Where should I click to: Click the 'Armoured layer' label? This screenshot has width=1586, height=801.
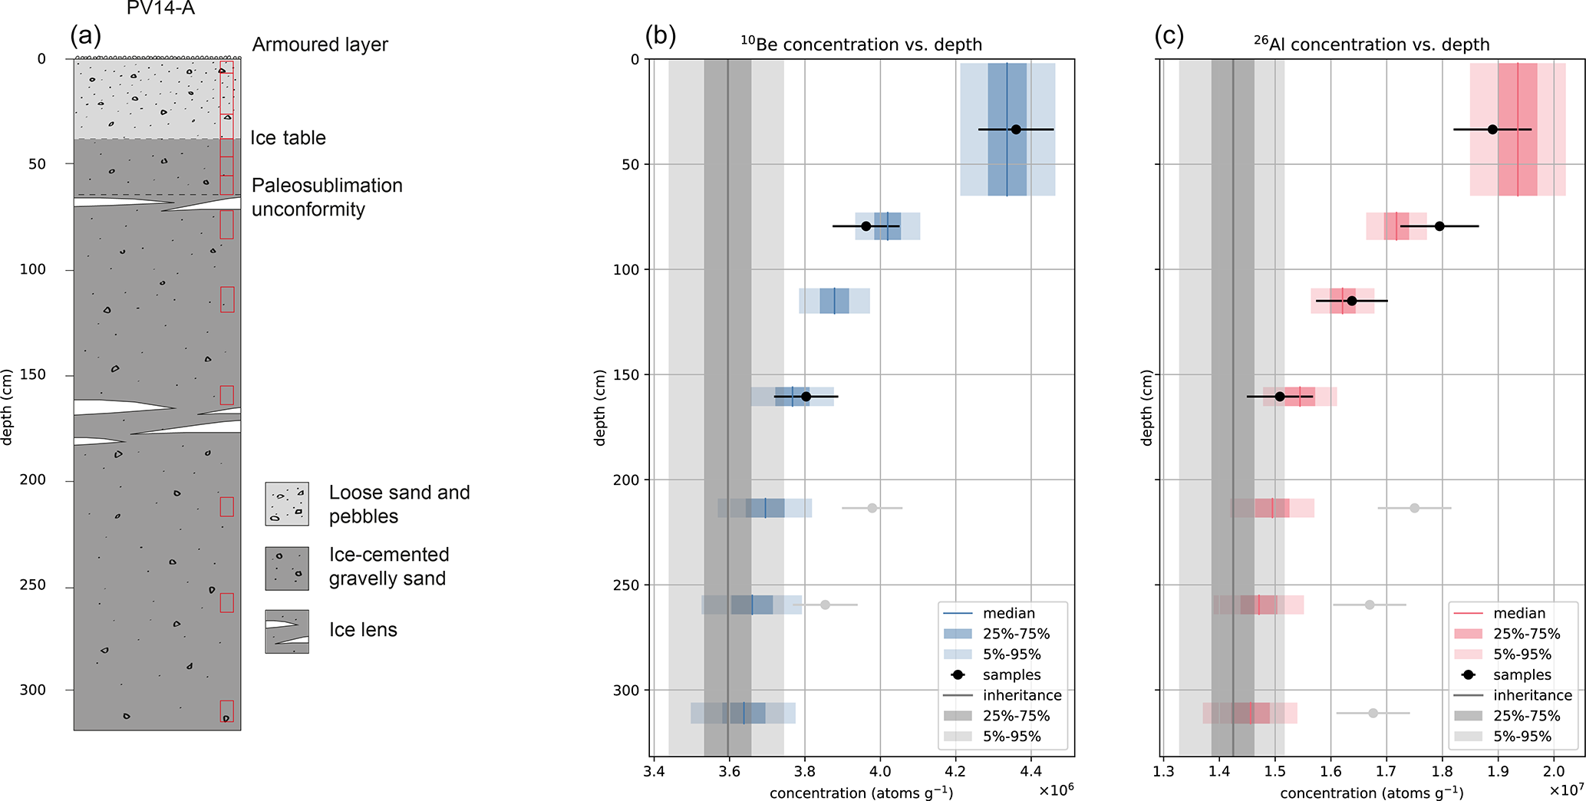click(320, 44)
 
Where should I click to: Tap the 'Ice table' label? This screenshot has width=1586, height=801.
click(288, 138)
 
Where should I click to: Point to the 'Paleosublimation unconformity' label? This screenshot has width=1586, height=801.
click(327, 197)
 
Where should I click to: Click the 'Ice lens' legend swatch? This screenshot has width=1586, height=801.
click(287, 631)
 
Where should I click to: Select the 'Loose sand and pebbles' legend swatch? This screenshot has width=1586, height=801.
click(287, 504)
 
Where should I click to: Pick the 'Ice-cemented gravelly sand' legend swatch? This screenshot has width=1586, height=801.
click(287, 569)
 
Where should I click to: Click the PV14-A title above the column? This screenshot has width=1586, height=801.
click(160, 9)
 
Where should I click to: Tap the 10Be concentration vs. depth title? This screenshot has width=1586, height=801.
click(861, 44)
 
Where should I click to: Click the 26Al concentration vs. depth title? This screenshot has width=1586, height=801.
click(1372, 44)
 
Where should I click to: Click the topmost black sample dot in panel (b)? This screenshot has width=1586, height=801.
click(1016, 130)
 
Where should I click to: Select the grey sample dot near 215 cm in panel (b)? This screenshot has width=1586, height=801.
click(872, 508)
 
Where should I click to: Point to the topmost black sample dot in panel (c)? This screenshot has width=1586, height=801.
click(1492, 130)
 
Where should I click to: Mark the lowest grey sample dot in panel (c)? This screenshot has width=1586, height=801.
click(1373, 714)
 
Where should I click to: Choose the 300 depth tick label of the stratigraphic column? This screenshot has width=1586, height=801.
click(33, 691)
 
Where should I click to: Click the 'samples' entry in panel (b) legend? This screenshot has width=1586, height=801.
click(1011, 675)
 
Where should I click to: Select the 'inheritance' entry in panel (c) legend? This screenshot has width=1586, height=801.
click(1532, 696)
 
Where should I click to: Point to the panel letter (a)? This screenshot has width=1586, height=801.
click(85, 36)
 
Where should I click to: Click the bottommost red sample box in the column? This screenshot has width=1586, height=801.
click(226, 711)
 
